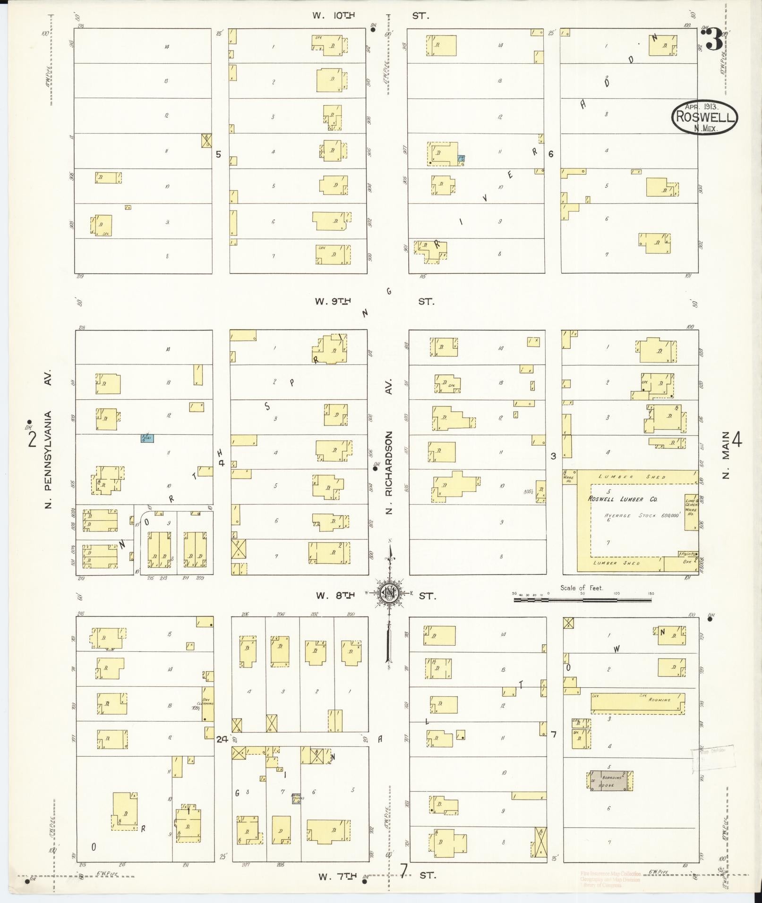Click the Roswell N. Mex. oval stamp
pos(704,117)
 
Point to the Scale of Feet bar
pos(582,600)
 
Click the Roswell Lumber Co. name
pos(622,499)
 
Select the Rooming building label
pos(659,700)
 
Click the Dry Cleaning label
pos(206,703)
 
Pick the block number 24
pos(222,739)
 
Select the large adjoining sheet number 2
pos(32,439)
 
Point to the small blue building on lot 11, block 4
pos(147,438)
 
